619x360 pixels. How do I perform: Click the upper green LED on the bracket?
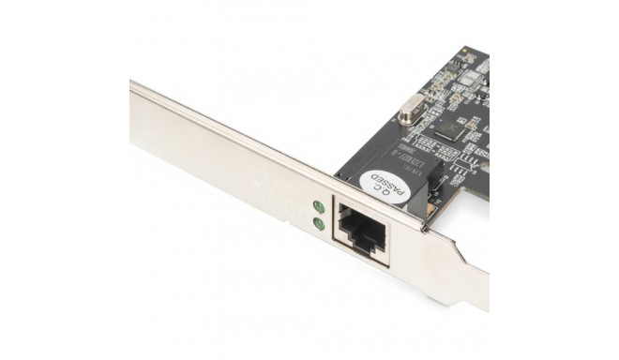click(x=318, y=206)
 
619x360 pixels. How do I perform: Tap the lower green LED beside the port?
click(x=319, y=224)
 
